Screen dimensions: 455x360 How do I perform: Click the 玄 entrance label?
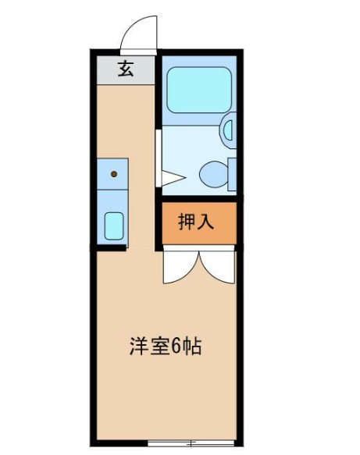pyautogui.click(x=125, y=69)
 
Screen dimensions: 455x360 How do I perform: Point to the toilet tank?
pyautogui.click(x=232, y=173)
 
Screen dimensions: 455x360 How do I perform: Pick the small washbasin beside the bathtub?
pyautogui.click(x=229, y=129)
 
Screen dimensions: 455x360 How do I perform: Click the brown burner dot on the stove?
pyautogui.click(x=114, y=174)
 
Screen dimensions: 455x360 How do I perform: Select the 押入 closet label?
pyautogui.click(x=196, y=222)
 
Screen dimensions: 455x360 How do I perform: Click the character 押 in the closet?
pyautogui.click(x=187, y=222)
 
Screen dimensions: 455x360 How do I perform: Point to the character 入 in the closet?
pyautogui.click(x=205, y=222)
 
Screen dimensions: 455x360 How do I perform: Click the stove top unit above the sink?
pyautogui.click(x=114, y=176)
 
